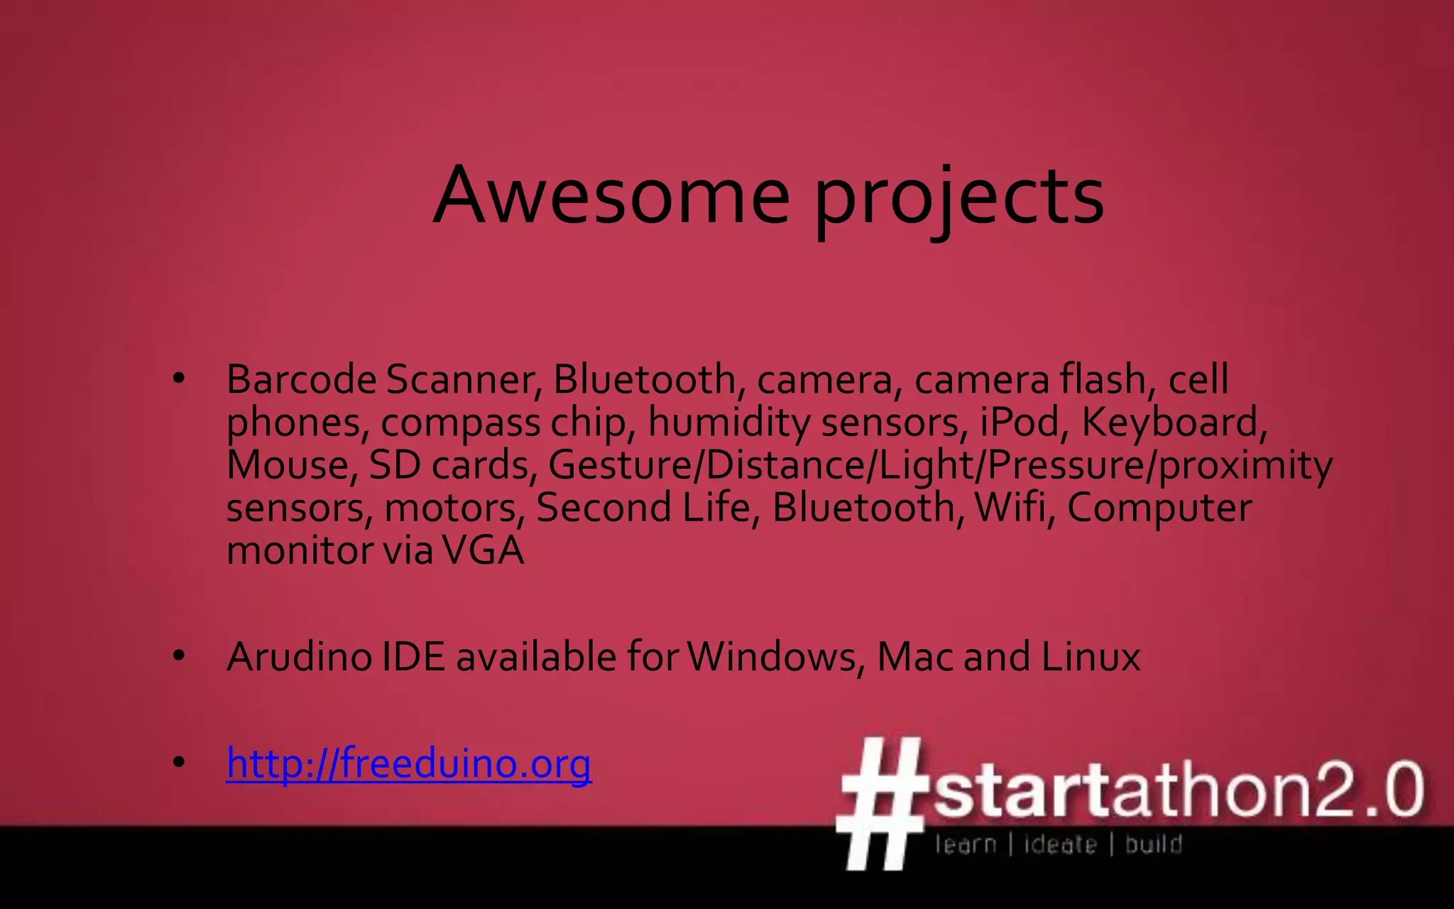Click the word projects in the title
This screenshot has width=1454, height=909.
958,199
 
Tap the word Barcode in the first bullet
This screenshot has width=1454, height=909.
301,379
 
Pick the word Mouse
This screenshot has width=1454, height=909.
288,465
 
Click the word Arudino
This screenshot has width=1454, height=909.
299,657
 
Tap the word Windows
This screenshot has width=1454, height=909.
772,657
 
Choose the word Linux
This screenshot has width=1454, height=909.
1090,657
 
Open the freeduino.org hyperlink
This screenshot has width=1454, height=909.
408,764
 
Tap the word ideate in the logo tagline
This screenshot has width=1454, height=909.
1060,844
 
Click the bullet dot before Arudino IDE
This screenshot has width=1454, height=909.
179,656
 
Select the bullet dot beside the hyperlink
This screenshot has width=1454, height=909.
179,763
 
